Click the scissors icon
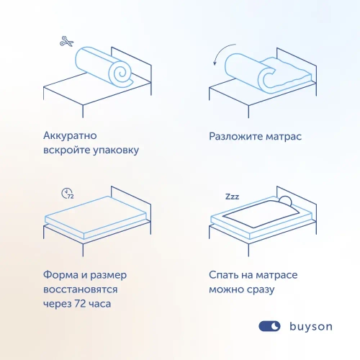tap(67, 42)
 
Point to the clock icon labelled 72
tap(68, 193)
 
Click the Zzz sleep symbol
tap(233, 196)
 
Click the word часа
tap(106, 305)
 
